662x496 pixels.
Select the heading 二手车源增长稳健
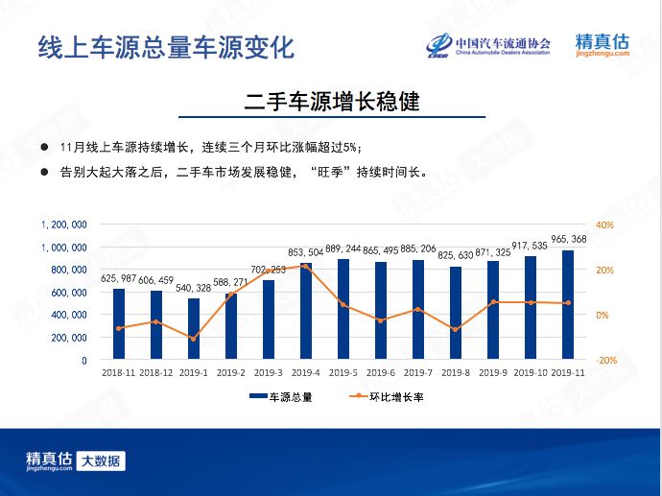pos(331,102)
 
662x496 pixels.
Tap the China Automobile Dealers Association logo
pos(489,46)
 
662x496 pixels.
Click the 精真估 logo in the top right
pos(603,45)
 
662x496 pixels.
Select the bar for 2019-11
pos(568,305)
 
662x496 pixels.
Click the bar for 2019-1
pos(194,329)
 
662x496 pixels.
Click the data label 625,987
pos(119,277)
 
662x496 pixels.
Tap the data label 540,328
pos(194,287)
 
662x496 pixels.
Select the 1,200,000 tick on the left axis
pos(65,224)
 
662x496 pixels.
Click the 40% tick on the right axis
pos(604,224)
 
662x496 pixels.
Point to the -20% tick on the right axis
pos(604,361)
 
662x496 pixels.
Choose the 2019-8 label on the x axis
pos(456,373)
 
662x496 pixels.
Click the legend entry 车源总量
pos(280,396)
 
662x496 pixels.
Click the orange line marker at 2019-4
pos(306,266)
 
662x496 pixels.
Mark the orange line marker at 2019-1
pos(194,339)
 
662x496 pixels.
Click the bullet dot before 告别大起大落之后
pos(44,172)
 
